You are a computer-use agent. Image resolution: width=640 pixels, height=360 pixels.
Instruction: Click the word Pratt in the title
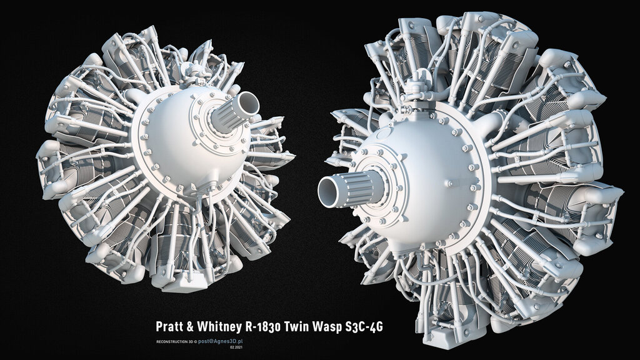click(x=171, y=326)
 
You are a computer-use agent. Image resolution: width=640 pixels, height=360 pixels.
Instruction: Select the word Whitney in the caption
click(x=222, y=326)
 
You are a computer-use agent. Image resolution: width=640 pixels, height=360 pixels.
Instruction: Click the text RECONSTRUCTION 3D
click(x=176, y=343)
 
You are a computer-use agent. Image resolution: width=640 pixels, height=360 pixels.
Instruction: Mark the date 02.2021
click(x=236, y=348)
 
